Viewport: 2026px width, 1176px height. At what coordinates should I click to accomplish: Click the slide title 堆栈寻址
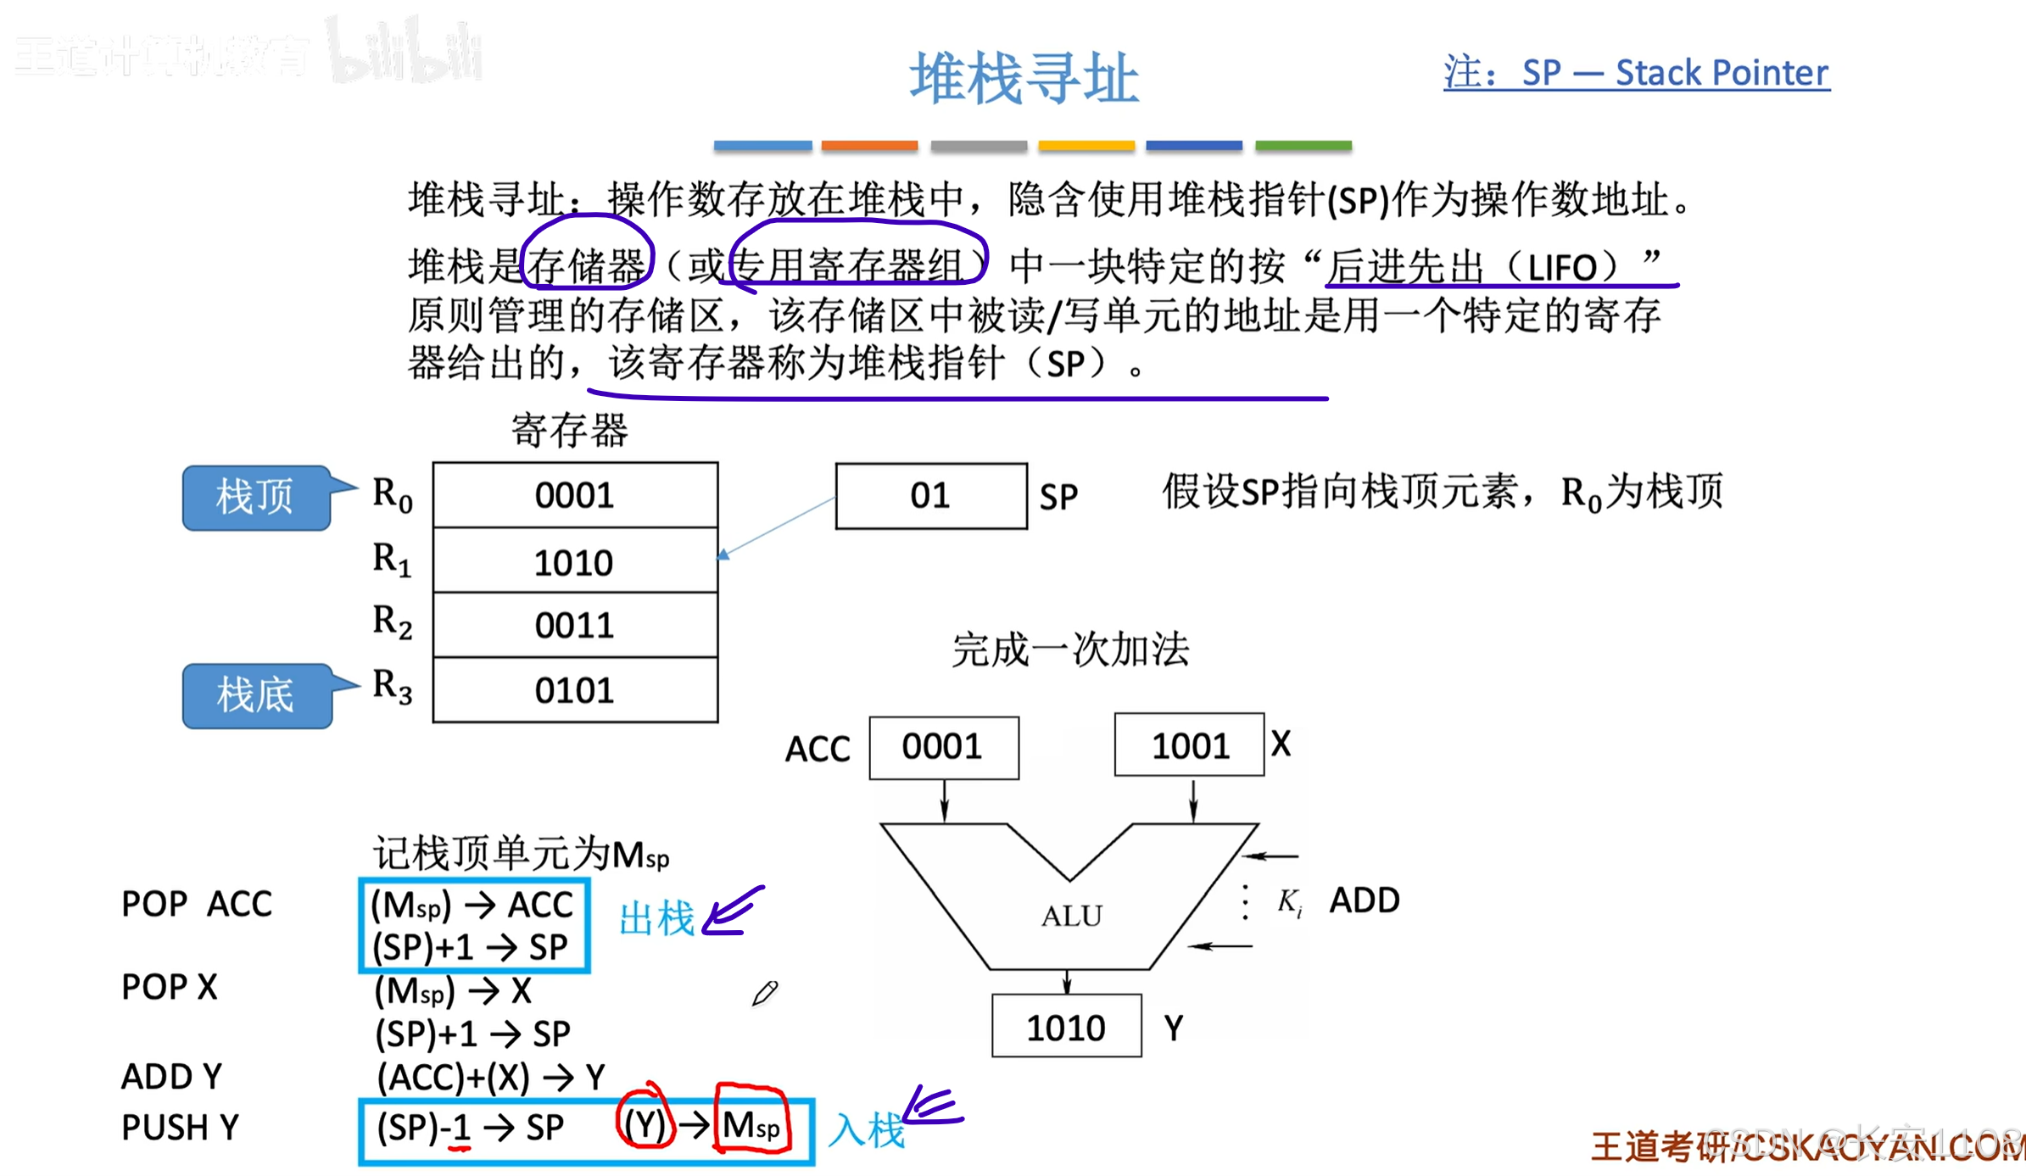[1024, 78]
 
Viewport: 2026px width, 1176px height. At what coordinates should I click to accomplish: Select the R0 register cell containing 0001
[575, 495]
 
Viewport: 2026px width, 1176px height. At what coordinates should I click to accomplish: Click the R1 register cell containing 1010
[575, 561]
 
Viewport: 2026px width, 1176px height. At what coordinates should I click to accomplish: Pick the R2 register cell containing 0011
[575, 626]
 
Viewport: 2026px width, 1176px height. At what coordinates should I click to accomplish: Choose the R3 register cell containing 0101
[575, 690]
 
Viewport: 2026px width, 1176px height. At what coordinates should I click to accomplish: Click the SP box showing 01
[930, 496]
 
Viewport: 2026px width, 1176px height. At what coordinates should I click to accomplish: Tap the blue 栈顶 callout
[255, 497]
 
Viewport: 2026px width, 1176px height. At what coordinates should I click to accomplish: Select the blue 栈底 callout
[255, 695]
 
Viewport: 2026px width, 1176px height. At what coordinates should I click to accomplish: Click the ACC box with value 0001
[943, 747]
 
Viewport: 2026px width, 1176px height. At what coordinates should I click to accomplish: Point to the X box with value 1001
[1189, 745]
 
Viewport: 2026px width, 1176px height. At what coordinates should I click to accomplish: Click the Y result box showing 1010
[1066, 1027]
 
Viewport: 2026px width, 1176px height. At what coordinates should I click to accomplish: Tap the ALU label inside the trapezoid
[1071, 916]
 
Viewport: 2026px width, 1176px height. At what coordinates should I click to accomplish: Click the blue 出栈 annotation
[657, 919]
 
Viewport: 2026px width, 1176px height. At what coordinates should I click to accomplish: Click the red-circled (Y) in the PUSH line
[645, 1124]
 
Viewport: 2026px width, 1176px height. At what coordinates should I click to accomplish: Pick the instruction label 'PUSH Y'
[180, 1128]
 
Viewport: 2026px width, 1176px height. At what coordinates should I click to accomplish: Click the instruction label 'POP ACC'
[197, 904]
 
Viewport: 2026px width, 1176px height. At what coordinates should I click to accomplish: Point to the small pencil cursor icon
[764, 993]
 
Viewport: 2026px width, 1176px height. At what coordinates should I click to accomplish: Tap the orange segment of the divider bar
[869, 146]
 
